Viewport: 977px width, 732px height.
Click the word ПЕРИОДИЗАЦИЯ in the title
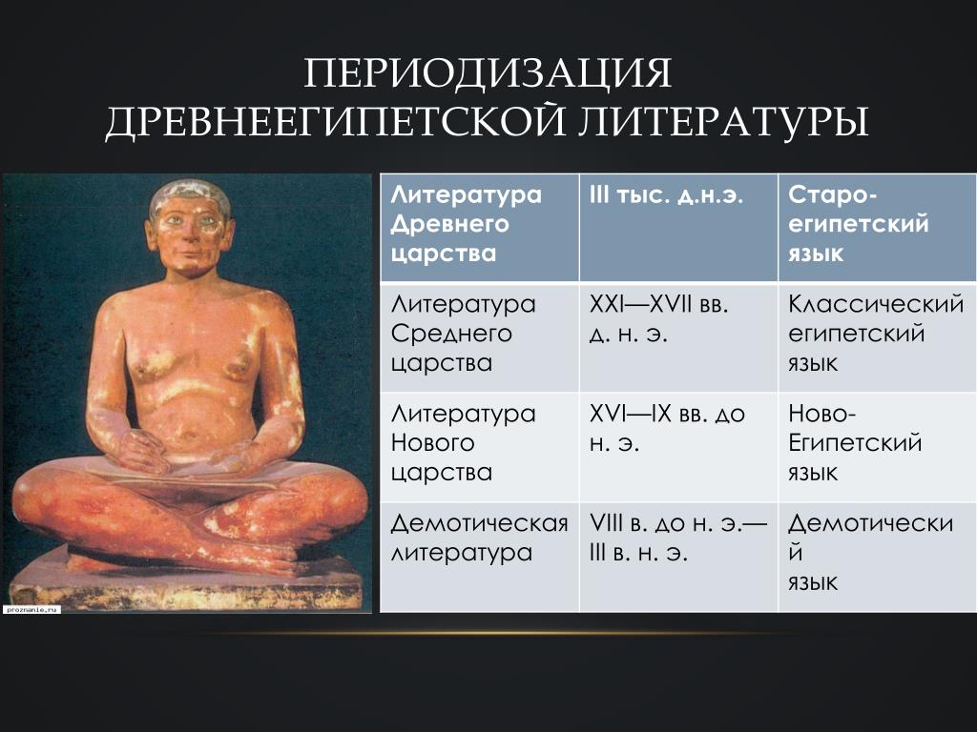pyautogui.click(x=488, y=72)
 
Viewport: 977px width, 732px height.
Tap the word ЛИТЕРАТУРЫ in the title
pyautogui.click(x=723, y=121)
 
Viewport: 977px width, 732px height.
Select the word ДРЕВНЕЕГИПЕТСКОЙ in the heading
pyautogui.click(x=335, y=121)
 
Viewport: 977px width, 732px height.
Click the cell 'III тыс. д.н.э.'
pyautogui.click(x=678, y=228)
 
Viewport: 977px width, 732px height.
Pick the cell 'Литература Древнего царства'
pyautogui.click(x=480, y=228)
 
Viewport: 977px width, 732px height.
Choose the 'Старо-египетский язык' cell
pyautogui.click(x=878, y=228)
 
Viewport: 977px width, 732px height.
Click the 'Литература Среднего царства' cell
pyautogui.click(x=480, y=336)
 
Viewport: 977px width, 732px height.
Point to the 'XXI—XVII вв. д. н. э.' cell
pyautogui.click(x=678, y=336)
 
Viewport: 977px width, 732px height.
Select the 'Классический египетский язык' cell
pyautogui.click(x=878, y=336)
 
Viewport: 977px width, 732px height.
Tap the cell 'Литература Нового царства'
pyautogui.click(x=480, y=447)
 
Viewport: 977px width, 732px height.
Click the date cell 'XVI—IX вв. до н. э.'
pyautogui.click(x=678, y=447)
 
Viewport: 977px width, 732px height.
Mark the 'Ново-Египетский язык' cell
pyautogui.click(x=878, y=447)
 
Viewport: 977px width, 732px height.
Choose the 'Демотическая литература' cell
pyautogui.click(x=480, y=557)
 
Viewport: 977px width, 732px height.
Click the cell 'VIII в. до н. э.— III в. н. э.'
pyautogui.click(x=678, y=557)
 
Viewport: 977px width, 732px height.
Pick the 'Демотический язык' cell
pyautogui.click(x=878, y=557)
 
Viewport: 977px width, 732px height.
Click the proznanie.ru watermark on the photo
pyautogui.click(x=31, y=609)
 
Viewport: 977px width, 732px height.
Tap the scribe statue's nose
pyautogui.click(x=189, y=238)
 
